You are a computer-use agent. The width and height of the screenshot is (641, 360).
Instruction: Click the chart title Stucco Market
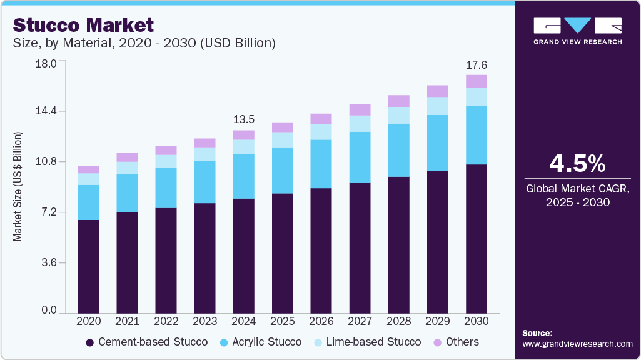[83, 25]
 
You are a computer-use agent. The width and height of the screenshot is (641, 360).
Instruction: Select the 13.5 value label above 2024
[243, 119]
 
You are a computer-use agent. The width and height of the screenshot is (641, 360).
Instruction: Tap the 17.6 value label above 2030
[477, 64]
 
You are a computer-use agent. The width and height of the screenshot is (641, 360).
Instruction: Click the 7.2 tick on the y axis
[48, 212]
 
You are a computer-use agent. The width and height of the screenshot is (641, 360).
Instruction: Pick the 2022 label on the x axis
[166, 321]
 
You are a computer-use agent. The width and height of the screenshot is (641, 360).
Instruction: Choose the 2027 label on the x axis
[360, 321]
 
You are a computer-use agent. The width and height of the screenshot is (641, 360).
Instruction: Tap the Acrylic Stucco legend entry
[261, 342]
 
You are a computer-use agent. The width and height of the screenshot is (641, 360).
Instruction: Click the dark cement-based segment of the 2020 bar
[89, 266]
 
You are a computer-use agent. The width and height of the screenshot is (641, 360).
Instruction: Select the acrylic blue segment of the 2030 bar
[477, 135]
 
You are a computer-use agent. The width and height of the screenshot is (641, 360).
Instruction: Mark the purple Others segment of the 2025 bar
[283, 127]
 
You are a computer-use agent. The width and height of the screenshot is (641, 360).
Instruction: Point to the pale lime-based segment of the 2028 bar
[399, 115]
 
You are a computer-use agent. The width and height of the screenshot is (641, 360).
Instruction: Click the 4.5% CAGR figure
[577, 164]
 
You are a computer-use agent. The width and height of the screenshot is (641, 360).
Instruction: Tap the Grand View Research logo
[577, 31]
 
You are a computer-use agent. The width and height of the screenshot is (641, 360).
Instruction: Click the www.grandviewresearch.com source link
[577, 344]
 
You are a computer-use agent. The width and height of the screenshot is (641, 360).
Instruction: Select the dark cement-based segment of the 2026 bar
[321, 250]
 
